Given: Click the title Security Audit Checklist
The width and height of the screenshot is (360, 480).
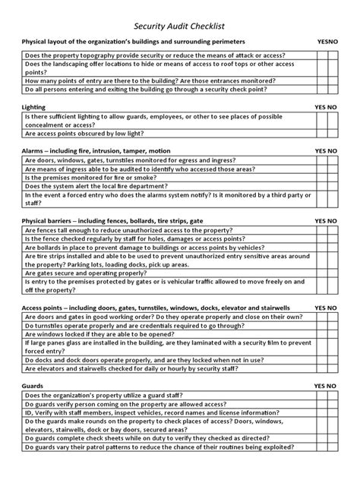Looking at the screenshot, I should click(179, 24).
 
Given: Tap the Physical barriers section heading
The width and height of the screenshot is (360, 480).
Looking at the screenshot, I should click(112, 220).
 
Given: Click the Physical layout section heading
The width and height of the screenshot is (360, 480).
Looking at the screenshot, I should click(133, 41).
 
